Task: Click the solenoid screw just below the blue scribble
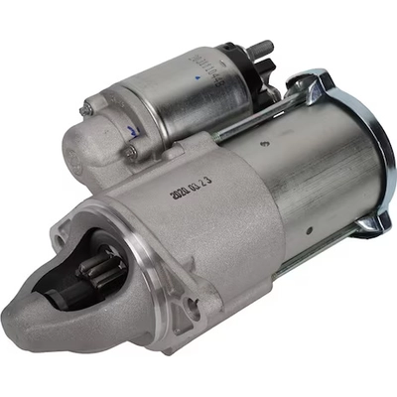tap(129, 152)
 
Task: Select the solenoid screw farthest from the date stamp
tap(88, 107)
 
